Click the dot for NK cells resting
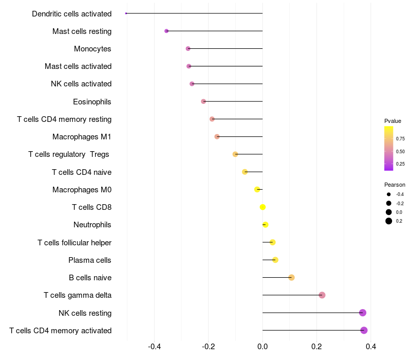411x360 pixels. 363,313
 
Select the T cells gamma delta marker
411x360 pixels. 322,295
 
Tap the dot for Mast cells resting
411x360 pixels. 166,31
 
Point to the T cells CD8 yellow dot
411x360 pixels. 263,207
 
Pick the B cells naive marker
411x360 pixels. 291,278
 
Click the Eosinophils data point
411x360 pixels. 203,101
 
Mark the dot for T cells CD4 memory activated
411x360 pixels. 364,330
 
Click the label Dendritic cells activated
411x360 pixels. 71,14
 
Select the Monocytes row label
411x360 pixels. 92,49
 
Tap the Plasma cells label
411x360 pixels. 90,260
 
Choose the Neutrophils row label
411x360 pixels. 92,225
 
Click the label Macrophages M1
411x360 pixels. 82,137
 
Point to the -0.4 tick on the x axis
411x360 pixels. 154,347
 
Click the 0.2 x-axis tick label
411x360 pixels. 316,347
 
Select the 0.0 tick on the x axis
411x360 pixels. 263,347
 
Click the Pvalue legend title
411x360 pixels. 393,121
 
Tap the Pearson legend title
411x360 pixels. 395,185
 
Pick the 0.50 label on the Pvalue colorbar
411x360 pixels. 400,152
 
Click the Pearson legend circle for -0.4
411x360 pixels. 389,194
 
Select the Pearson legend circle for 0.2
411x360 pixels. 389,221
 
